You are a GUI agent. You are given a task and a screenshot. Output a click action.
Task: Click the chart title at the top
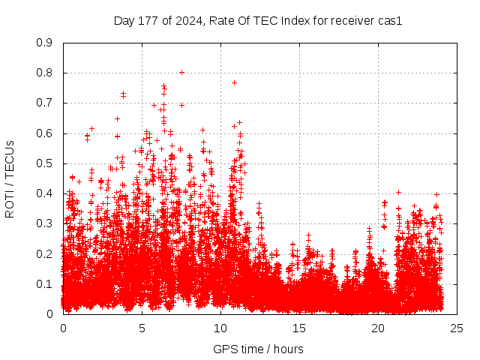pos(258,21)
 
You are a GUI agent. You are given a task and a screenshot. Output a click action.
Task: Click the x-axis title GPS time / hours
pos(258,349)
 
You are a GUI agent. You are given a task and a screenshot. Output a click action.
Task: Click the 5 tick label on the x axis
pos(142,328)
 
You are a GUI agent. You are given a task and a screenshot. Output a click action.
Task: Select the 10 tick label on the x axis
pos(220,328)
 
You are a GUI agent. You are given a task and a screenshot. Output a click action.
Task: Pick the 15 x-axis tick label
pos(299,328)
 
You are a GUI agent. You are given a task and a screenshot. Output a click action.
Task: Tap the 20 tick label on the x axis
pos(378,328)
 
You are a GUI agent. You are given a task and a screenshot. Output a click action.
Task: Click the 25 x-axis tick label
pos(457,328)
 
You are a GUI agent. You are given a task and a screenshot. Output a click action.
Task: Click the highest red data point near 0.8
pos(181,73)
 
